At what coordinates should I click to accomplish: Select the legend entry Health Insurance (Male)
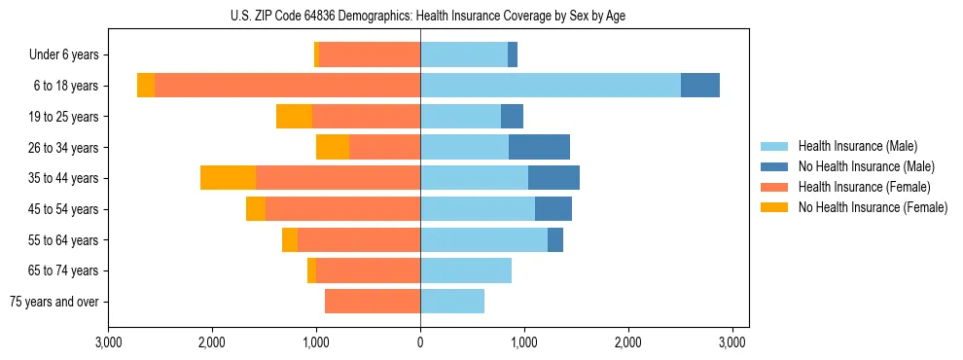856,146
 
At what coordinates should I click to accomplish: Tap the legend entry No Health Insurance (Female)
873,207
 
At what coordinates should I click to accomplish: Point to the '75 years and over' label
54,302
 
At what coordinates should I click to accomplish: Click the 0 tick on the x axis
420,342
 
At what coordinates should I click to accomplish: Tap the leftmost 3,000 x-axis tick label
108,342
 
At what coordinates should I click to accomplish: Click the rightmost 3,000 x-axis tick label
732,342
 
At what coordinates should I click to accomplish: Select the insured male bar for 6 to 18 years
551,86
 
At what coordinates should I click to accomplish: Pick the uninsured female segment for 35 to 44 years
228,178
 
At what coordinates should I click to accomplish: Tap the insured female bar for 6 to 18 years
287,86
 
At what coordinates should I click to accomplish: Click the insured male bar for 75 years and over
452,302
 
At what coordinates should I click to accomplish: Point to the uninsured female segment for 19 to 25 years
294,117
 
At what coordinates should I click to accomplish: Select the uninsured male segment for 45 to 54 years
553,209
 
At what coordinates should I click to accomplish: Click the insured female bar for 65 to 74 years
368,270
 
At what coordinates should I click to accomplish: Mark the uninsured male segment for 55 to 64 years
555,239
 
